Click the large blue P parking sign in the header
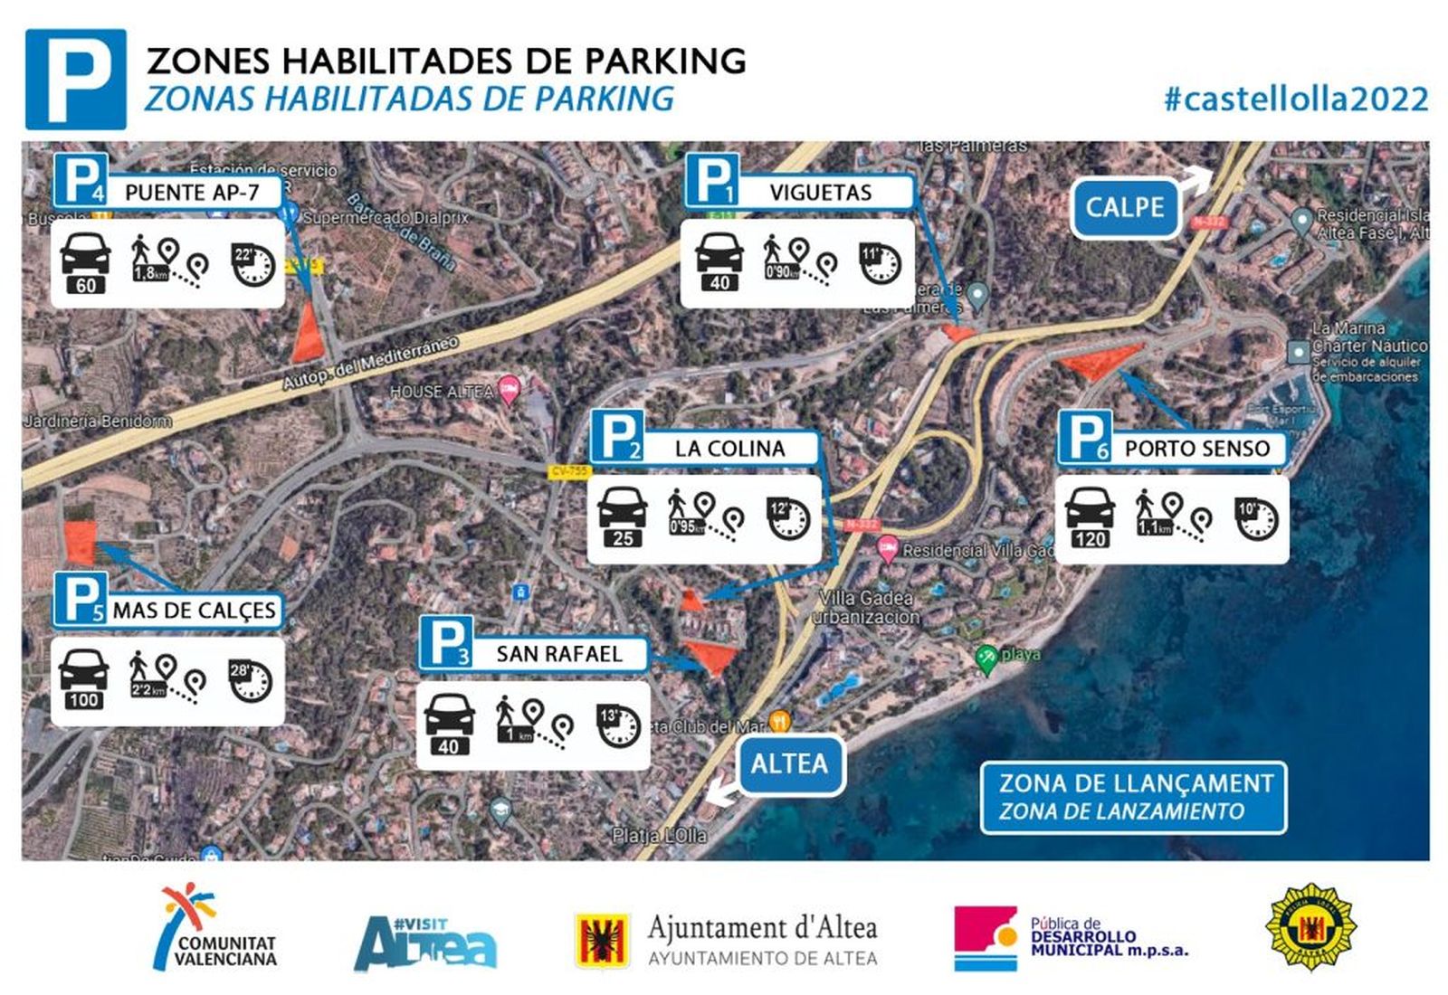tap(76, 80)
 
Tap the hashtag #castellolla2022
tap(1295, 99)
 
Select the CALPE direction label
tap(1125, 207)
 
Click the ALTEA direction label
tap(789, 763)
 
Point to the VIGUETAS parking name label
tap(820, 192)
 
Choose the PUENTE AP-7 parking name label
tap(192, 192)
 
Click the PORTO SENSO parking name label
tap(1196, 448)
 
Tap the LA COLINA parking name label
tap(729, 448)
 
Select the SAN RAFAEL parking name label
tap(558, 653)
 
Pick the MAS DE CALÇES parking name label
tap(194, 611)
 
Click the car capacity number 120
tap(1090, 539)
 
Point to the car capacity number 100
tap(83, 699)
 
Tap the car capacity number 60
tap(86, 286)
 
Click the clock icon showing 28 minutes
tap(250, 681)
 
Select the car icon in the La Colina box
tap(623, 507)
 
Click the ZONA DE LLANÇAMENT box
tap(1133, 797)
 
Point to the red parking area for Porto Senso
tap(1099, 360)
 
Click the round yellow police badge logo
tap(1310, 928)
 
